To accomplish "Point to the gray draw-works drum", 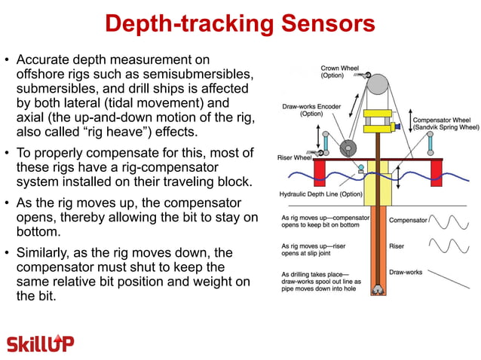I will (x=348, y=148).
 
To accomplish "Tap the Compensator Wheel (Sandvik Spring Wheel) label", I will (x=446, y=124).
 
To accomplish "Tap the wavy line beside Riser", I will (x=451, y=246).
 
